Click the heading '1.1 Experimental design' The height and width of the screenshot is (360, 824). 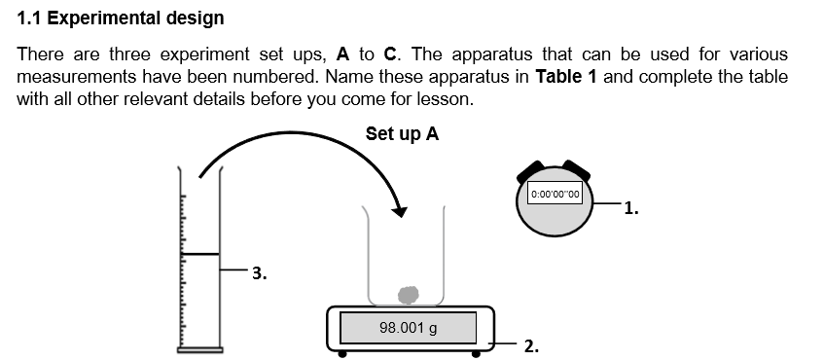click(121, 18)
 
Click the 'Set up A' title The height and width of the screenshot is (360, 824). click(402, 133)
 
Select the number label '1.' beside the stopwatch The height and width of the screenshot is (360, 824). click(631, 206)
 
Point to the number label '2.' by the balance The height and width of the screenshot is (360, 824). click(531, 345)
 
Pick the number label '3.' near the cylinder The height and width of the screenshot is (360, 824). click(259, 273)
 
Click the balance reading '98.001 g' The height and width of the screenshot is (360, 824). click(408, 327)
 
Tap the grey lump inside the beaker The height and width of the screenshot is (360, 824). click(409, 293)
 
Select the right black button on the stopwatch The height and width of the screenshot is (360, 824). click(576, 168)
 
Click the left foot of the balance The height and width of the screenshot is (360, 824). click(342, 353)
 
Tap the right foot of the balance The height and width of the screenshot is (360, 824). click(477, 353)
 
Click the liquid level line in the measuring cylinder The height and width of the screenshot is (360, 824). click(199, 254)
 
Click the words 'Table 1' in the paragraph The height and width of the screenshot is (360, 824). click(566, 77)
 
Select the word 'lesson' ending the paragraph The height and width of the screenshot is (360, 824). click(446, 99)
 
